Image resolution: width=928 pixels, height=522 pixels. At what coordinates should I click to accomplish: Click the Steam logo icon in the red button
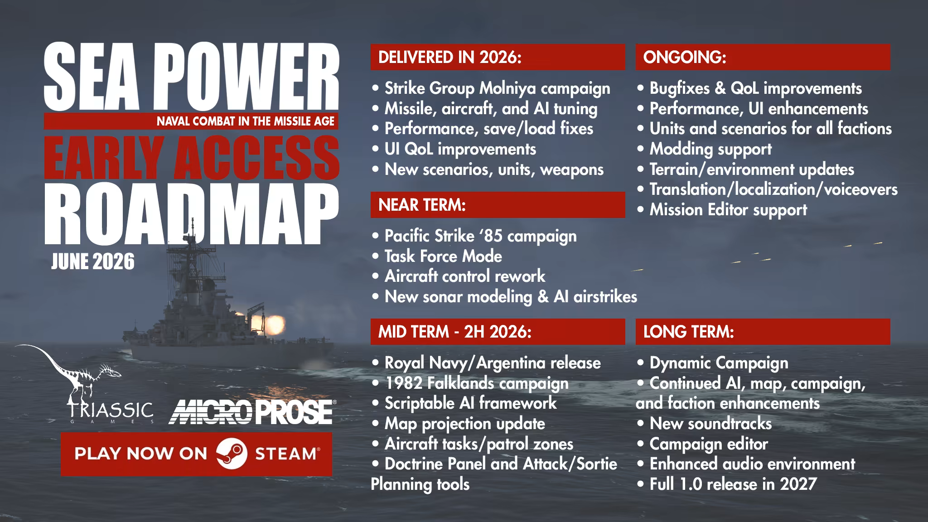pos(232,454)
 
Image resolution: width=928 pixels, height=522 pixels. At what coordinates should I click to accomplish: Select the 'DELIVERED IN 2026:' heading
pos(450,57)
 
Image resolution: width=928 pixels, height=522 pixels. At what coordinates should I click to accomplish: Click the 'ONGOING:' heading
pos(684,57)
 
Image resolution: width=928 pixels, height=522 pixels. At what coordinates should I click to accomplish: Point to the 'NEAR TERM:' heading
pos(422,205)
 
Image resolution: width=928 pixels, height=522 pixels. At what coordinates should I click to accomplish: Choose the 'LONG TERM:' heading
pos(688,332)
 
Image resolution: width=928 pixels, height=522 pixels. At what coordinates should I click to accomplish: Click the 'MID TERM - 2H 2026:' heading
pos(454,332)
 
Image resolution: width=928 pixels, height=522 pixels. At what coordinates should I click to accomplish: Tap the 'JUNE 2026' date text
pos(93,262)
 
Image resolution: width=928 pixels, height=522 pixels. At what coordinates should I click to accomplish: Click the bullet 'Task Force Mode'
pos(437,256)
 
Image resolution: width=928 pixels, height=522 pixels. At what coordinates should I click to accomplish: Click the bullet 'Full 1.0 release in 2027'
pos(726,484)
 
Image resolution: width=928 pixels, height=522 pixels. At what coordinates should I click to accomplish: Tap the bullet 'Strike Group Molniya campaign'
pos(491,89)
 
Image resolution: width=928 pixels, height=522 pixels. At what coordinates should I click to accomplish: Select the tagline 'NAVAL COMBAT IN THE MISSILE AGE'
pos(246,121)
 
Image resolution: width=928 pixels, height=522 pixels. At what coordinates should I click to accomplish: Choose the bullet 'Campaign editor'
pos(702,444)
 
